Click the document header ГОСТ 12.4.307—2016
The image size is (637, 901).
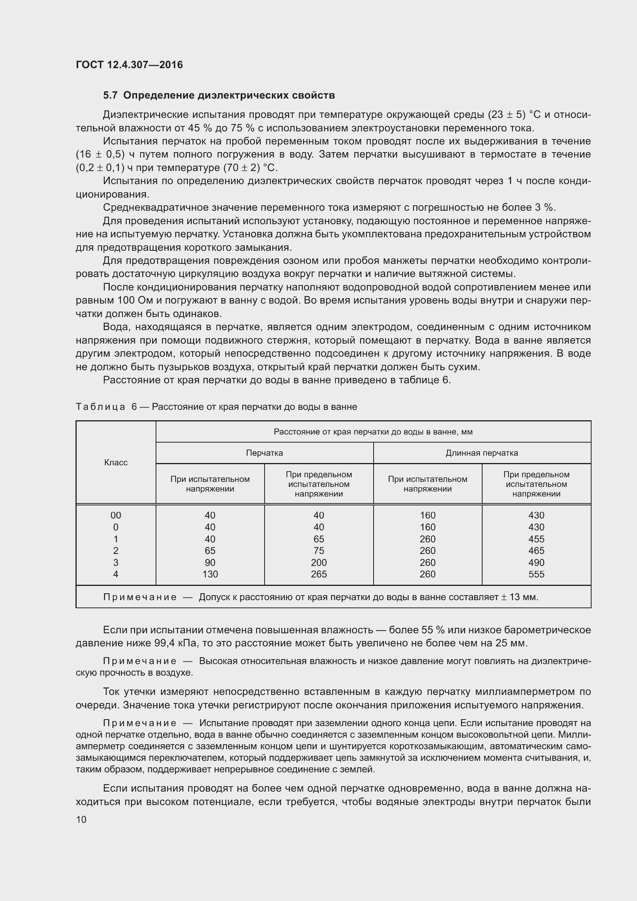[x=129, y=65]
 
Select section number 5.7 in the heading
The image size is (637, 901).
[x=110, y=96]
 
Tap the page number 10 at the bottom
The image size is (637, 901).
[x=81, y=819]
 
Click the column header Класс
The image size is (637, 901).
[x=116, y=462]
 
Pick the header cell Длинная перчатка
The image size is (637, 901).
[x=482, y=453]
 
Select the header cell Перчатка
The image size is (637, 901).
[x=264, y=453]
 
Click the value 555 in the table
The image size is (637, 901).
[x=536, y=574]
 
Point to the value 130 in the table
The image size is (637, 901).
[x=210, y=574]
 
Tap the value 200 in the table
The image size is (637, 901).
[x=318, y=562]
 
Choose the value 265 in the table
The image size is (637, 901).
[x=318, y=574]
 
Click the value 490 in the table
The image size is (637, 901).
[x=536, y=562]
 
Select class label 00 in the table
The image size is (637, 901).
[x=116, y=515]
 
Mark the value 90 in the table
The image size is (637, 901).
[x=210, y=562]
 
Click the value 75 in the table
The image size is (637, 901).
[x=318, y=550]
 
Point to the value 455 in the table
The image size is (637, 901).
[x=536, y=539]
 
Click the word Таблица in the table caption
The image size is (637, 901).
[x=101, y=407]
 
